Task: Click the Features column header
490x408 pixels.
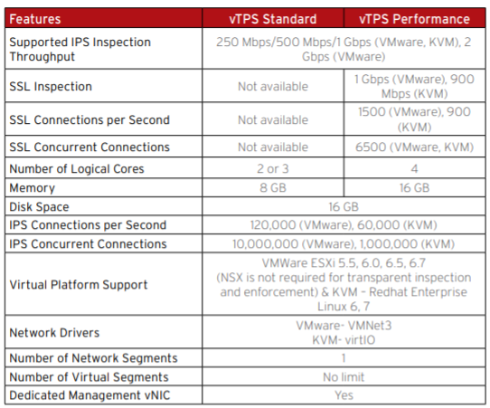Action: point(35,19)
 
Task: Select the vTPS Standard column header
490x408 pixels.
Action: point(273,19)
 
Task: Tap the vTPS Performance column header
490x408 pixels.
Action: point(414,19)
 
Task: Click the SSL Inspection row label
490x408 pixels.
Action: point(51,86)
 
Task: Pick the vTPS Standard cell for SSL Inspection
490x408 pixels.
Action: point(273,86)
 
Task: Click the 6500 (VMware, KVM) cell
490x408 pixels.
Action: point(414,147)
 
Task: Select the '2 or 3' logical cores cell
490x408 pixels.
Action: point(273,169)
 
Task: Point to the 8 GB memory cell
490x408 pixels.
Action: point(273,187)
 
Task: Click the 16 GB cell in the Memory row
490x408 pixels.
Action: point(414,187)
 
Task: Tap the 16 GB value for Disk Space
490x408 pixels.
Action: point(344,206)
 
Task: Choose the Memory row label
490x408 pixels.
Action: point(33,188)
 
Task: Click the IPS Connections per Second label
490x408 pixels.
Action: point(88,225)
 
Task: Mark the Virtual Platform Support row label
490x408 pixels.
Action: point(79,284)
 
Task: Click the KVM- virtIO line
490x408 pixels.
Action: point(344,340)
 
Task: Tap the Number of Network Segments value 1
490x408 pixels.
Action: point(344,358)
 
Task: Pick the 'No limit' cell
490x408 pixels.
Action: point(344,377)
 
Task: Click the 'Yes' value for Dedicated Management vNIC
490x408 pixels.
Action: point(344,395)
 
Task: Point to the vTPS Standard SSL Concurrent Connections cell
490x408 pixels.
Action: point(273,147)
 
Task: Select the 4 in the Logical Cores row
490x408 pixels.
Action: point(414,169)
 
